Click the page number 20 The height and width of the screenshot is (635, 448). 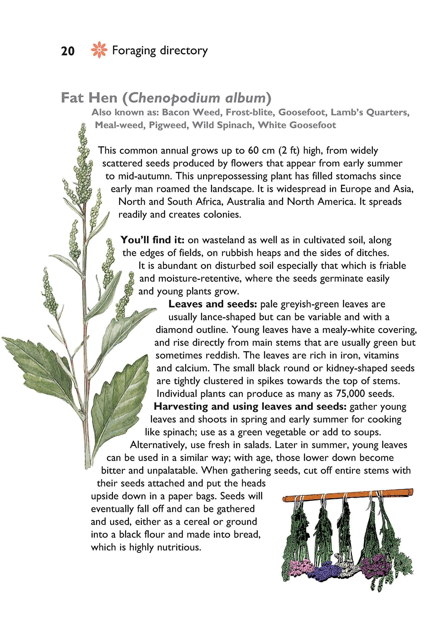pyautogui.click(x=68, y=51)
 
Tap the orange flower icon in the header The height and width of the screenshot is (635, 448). pyautogui.click(x=99, y=50)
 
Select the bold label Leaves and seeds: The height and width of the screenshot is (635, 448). pyautogui.click(x=213, y=304)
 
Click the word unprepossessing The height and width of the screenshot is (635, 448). pyautogui.click(x=232, y=176)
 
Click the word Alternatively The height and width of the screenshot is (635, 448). pyautogui.click(x=158, y=445)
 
